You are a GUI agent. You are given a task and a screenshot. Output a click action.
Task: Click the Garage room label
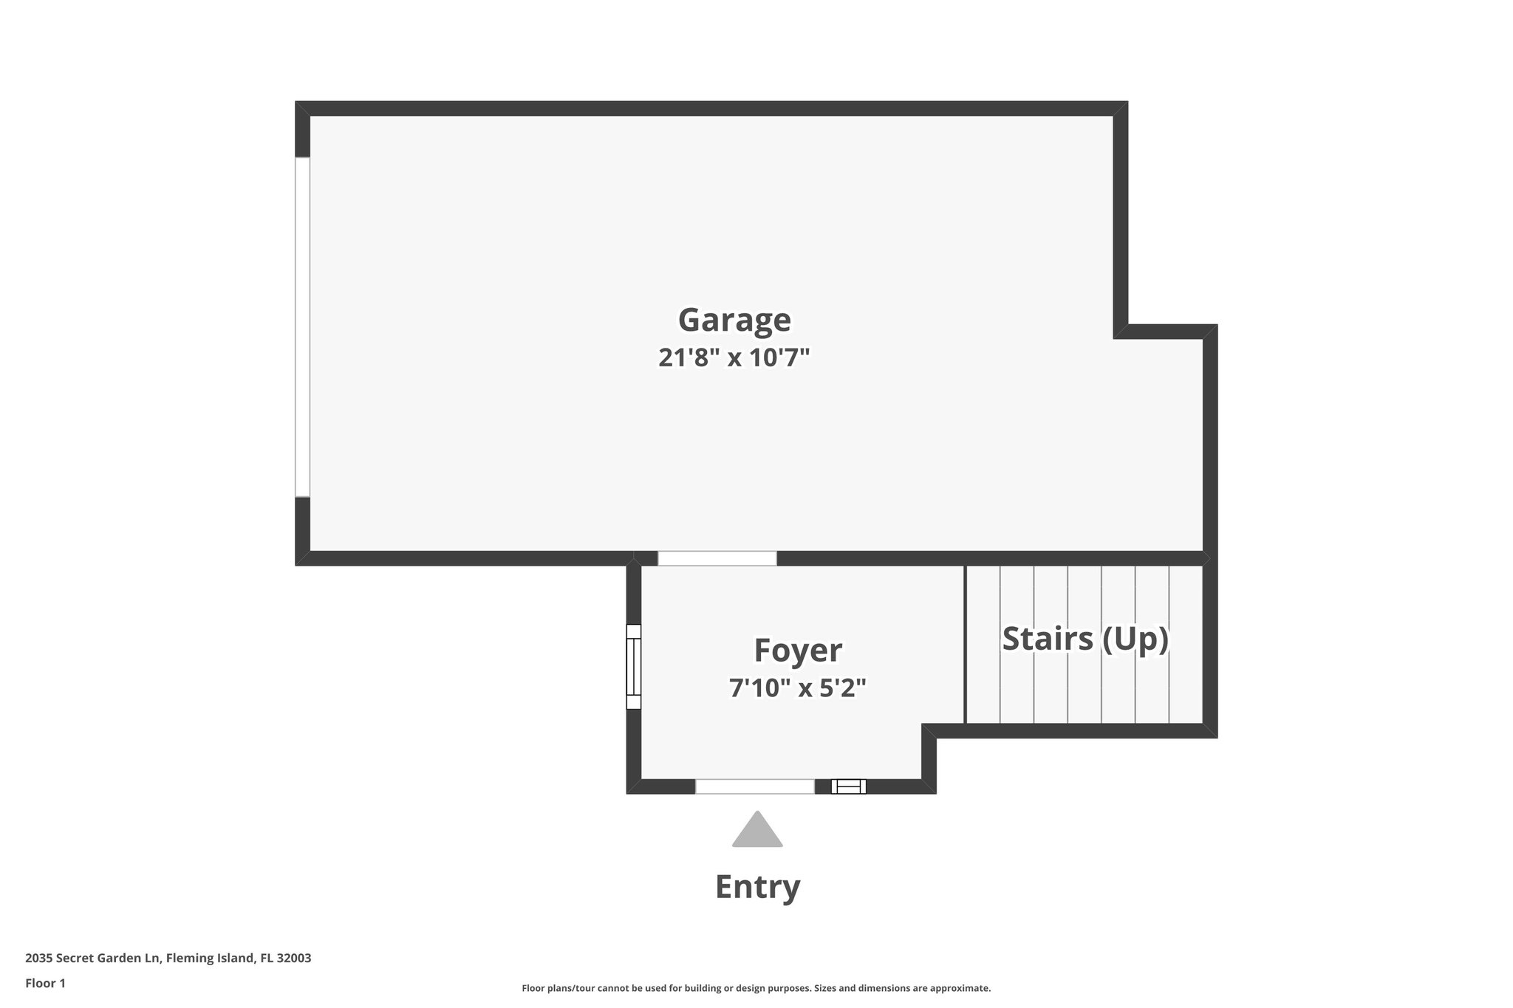[x=734, y=320]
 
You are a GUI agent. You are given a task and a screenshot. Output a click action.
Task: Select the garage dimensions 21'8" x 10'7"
[x=734, y=358]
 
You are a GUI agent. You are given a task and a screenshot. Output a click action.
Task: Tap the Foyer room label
[x=797, y=651]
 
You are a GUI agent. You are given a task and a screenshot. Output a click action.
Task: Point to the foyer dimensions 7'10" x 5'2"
[x=797, y=688]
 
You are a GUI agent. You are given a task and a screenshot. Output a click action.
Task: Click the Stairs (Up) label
[x=1085, y=639]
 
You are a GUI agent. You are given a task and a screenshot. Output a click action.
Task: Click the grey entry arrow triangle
[x=757, y=832]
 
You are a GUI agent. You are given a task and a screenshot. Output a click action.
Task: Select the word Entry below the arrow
[x=757, y=886]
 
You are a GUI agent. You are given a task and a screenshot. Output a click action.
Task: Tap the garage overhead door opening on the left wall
[x=302, y=326]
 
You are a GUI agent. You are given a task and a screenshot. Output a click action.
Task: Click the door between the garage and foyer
[x=717, y=558]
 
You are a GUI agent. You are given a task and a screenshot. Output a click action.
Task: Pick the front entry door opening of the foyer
[x=754, y=786]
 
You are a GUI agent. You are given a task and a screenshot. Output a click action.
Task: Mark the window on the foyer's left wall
[x=634, y=667]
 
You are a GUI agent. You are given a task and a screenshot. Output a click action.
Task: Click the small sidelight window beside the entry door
[x=848, y=786]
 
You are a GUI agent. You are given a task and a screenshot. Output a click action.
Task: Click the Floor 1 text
[x=45, y=983]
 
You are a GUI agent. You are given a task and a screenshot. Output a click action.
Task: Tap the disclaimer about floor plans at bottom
[x=756, y=988]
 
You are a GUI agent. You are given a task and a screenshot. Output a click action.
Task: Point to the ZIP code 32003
[x=293, y=959]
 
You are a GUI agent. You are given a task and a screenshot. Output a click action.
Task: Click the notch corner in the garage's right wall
[x=1121, y=331]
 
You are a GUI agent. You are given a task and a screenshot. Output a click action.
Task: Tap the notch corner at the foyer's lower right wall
[x=929, y=731]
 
